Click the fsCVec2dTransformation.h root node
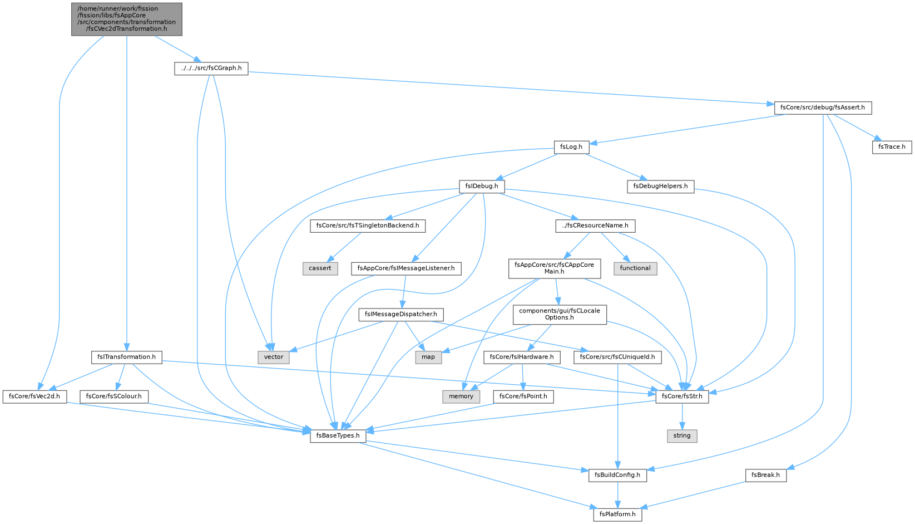click(x=127, y=19)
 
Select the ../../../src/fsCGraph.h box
click(x=211, y=68)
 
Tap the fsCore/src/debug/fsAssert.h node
click(x=823, y=107)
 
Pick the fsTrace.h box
click(x=892, y=147)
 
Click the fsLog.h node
click(x=571, y=147)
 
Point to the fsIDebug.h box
click(x=482, y=186)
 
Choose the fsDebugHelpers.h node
click(x=660, y=186)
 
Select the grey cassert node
click(x=320, y=268)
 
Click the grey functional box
click(x=635, y=268)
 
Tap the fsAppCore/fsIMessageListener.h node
click(x=406, y=268)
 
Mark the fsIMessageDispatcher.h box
click(x=400, y=315)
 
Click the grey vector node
click(x=274, y=357)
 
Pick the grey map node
click(x=428, y=357)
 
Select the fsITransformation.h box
click(x=127, y=357)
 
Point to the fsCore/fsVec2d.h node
click(x=34, y=396)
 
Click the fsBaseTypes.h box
click(x=338, y=435)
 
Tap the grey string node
click(x=682, y=435)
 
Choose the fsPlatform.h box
click(x=617, y=514)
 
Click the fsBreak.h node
click(x=765, y=475)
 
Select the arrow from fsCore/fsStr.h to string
click(x=682, y=416)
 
